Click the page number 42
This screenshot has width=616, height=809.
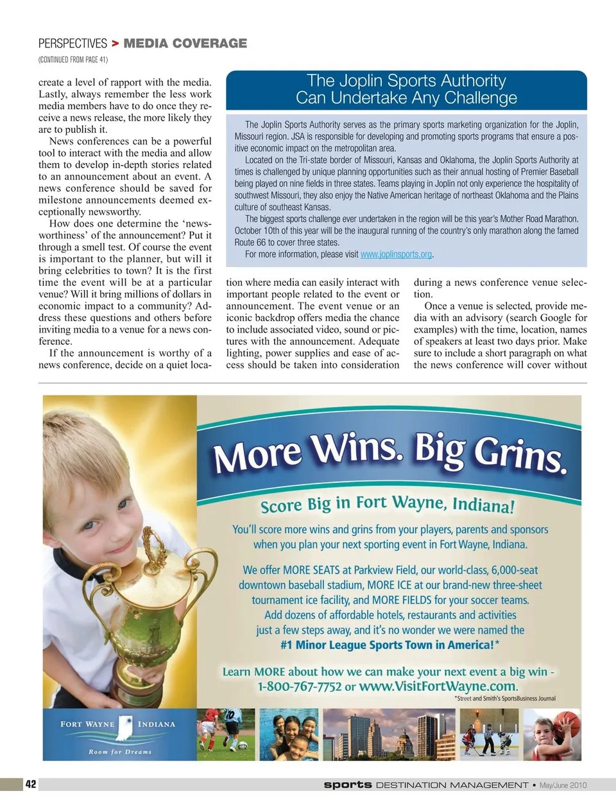pyautogui.click(x=31, y=784)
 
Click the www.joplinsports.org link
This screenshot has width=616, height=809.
pyautogui.click(x=396, y=254)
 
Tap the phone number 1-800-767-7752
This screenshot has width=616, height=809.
pyautogui.click(x=299, y=686)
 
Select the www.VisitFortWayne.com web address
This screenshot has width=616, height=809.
pyautogui.click(x=438, y=686)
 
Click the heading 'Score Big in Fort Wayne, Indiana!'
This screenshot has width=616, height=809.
pyautogui.click(x=387, y=504)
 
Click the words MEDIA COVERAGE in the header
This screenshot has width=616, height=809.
pyautogui.click(x=185, y=44)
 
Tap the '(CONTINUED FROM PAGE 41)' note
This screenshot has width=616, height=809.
pyautogui.click(x=73, y=60)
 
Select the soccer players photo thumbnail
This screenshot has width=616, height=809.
pyautogui.click(x=226, y=735)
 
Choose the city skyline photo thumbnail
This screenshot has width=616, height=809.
pyautogui.click(x=388, y=735)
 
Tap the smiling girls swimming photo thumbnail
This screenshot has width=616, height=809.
pyautogui.click(x=289, y=735)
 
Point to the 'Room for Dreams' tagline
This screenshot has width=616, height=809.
pyautogui.click(x=120, y=751)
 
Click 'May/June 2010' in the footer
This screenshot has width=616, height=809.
pyautogui.click(x=563, y=785)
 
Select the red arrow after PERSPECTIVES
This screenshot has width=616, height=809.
pyautogui.click(x=115, y=44)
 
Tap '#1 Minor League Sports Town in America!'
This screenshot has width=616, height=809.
pyautogui.click(x=389, y=645)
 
